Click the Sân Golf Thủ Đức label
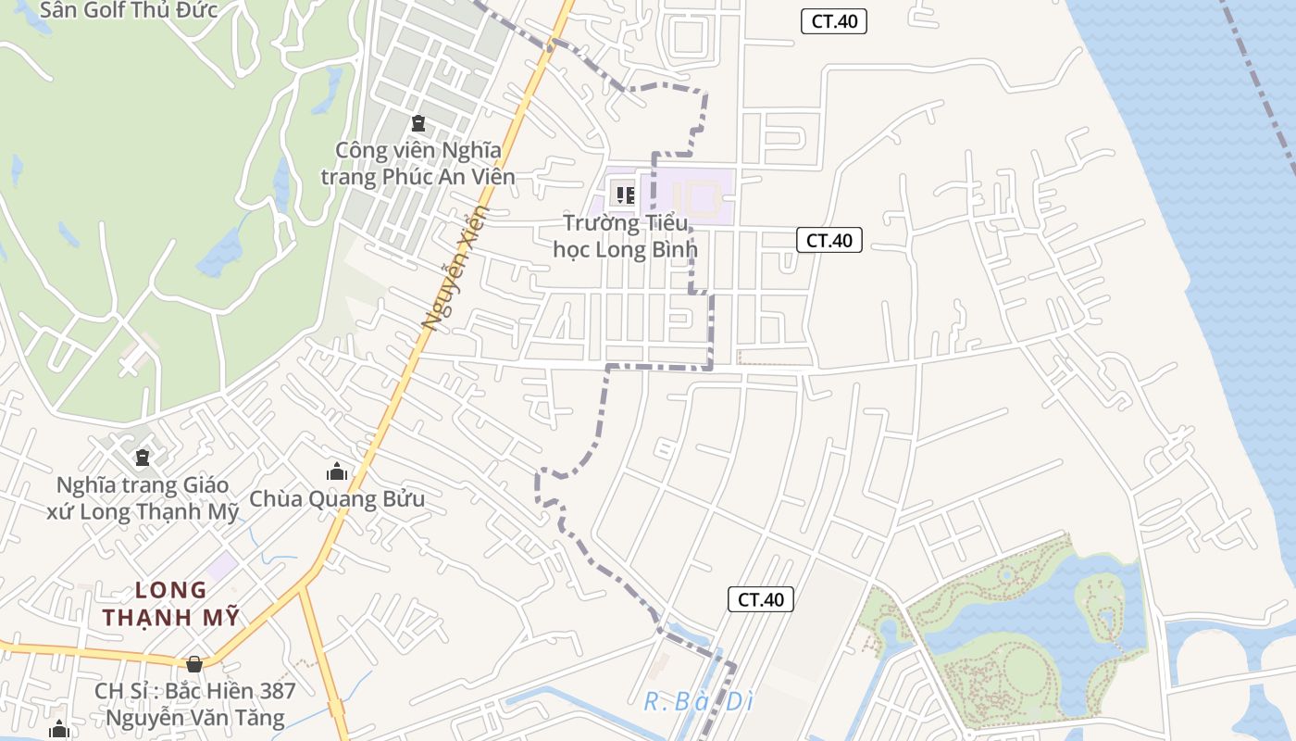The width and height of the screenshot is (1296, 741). pos(129,10)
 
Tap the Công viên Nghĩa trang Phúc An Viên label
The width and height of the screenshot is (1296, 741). pos(418,163)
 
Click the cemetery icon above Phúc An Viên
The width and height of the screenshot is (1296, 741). pos(418,122)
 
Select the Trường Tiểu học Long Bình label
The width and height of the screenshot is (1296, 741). pos(626,236)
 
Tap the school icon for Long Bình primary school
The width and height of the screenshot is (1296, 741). pos(626,195)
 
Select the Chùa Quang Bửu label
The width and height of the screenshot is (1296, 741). pos(337,499)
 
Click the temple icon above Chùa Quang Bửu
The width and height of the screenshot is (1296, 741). pos(337,471)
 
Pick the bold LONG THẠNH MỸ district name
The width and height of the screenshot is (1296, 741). pos(171,604)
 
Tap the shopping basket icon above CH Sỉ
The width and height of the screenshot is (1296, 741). pos(194,664)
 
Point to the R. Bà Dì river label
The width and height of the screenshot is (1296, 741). pos(699,702)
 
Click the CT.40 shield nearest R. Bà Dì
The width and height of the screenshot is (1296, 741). pos(761,599)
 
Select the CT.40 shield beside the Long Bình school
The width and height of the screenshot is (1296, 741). pos(829,241)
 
